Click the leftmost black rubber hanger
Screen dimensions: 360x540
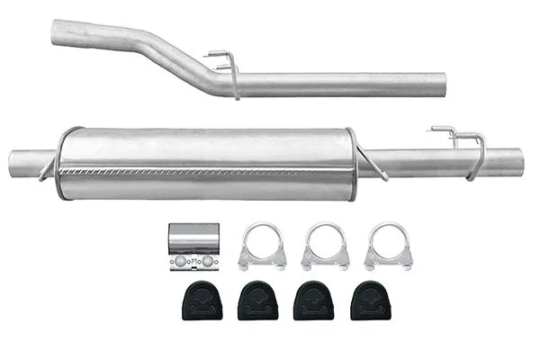click(202, 301)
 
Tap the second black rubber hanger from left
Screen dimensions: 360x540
click(257, 301)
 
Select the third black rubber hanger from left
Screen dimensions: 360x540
click(313, 301)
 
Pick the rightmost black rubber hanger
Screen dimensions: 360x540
click(369, 301)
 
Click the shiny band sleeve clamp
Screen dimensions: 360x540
click(193, 247)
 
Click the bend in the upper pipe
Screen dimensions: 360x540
click(180, 61)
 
